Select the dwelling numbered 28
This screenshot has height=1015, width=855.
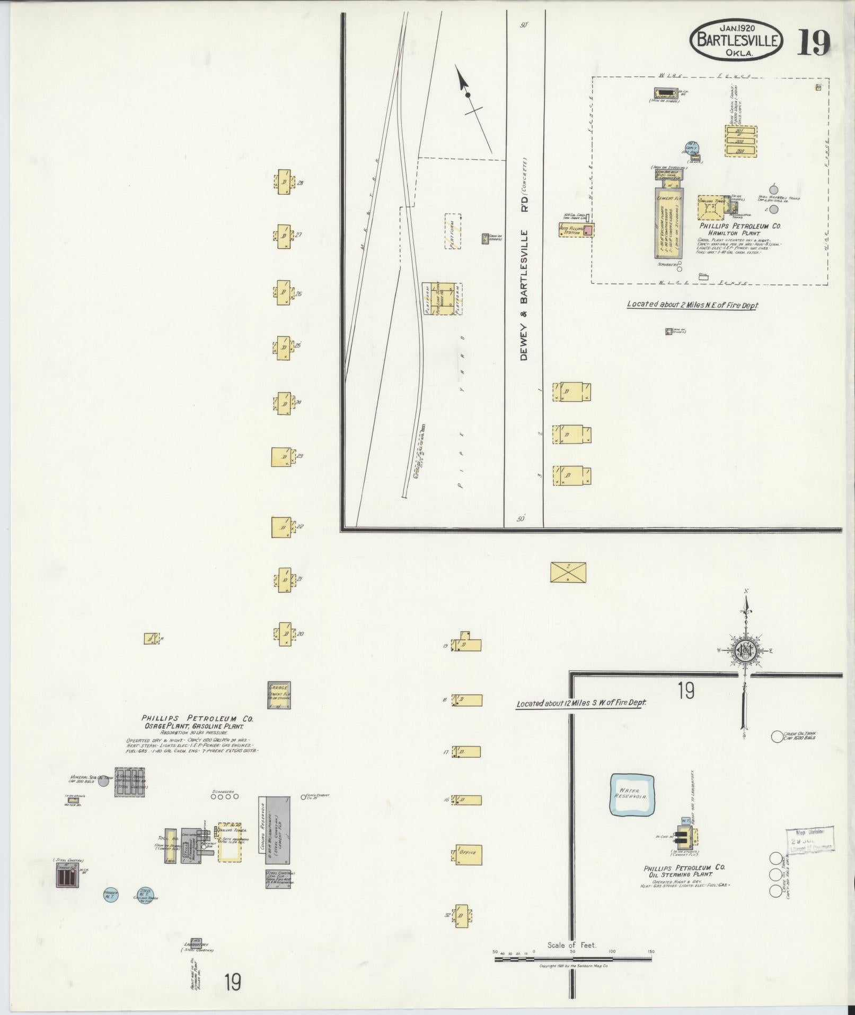[x=284, y=183]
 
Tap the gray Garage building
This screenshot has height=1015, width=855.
[x=279, y=695]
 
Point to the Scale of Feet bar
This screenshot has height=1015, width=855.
[x=573, y=959]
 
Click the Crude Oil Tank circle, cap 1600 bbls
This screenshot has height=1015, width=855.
[x=777, y=736]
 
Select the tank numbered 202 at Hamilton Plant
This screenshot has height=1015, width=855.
[x=740, y=141]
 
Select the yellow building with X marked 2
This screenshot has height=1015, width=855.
[x=568, y=572]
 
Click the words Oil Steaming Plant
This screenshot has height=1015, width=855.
[x=684, y=874]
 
